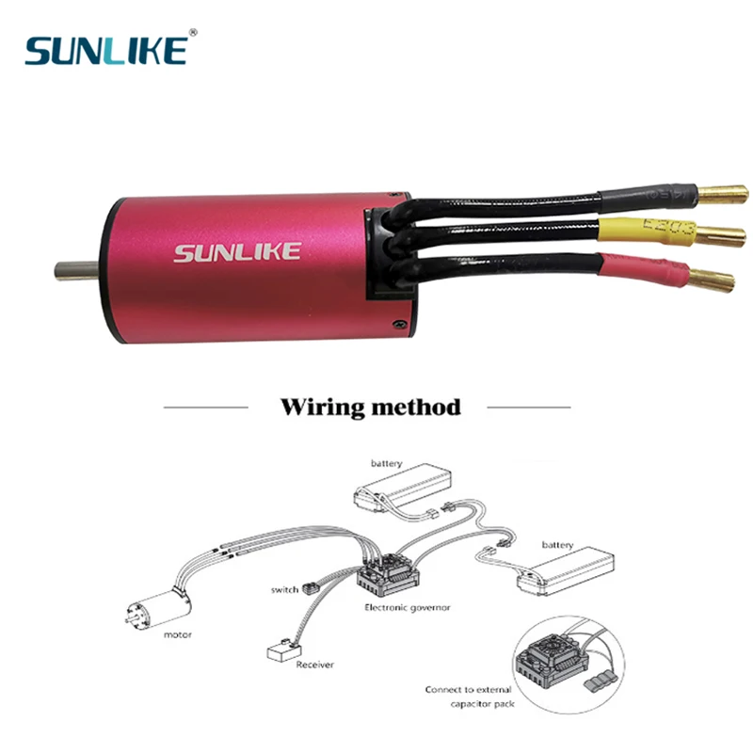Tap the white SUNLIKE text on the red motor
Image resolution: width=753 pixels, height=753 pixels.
tap(237, 252)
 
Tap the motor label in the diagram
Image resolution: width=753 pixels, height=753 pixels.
tap(177, 634)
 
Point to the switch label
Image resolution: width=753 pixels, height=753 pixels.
tap(283, 590)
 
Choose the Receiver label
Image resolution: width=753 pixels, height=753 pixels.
tap(314, 665)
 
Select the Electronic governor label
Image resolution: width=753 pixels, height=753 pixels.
tap(407, 608)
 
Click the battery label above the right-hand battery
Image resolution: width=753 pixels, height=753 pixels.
tap(557, 545)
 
